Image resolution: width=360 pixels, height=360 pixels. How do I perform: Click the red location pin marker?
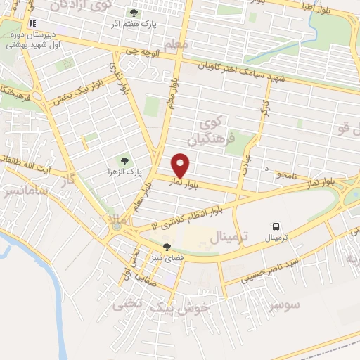point(181,165)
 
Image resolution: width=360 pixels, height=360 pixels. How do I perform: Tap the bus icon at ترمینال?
point(276,227)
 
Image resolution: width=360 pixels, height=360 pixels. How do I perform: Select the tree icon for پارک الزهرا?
point(124,161)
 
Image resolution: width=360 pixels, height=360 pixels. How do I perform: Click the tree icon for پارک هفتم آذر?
point(134,13)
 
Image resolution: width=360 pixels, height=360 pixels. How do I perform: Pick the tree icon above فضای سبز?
point(167,247)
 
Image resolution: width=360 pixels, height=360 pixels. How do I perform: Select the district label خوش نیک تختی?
point(162,304)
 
